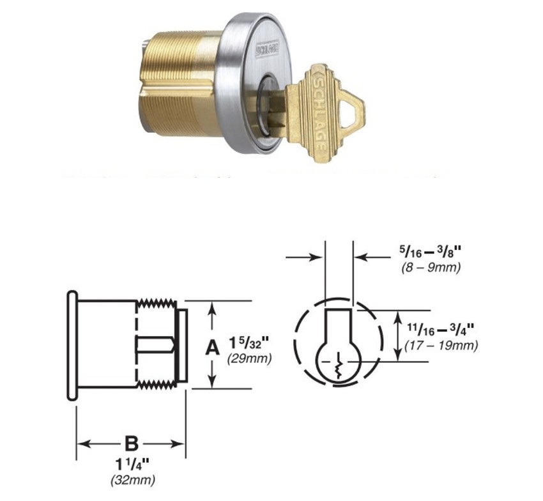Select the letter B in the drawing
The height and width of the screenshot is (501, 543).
pyautogui.click(x=131, y=443)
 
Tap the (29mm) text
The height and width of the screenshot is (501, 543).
pyautogui.click(x=249, y=359)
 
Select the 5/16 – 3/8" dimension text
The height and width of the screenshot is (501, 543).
pyautogui.click(x=425, y=254)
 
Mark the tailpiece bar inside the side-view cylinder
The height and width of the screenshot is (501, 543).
pyautogui.click(x=153, y=345)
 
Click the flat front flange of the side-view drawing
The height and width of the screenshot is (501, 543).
pyautogui.click(x=72, y=346)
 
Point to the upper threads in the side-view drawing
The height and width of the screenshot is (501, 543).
pyautogui.click(x=158, y=305)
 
